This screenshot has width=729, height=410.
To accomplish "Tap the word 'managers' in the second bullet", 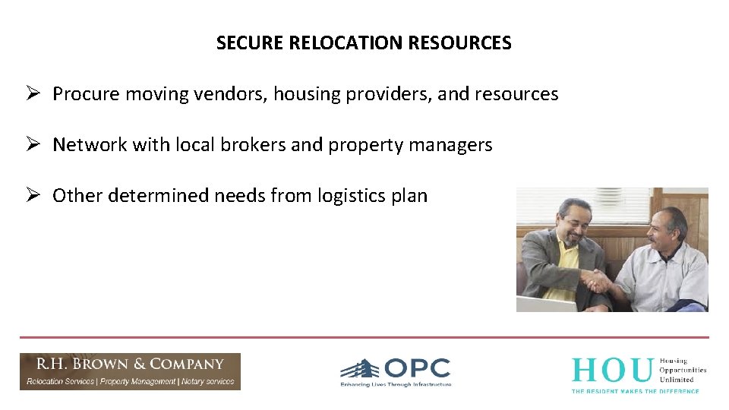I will point(456,145).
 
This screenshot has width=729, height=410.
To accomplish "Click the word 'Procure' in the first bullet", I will point(86,94).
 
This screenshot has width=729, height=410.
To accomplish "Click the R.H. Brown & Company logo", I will point(130,371).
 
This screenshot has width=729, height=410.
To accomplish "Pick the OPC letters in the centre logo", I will point(417,369).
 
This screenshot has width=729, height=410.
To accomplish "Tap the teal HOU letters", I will point(611,371).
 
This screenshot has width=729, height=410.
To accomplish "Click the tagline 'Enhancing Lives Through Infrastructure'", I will point(396,384).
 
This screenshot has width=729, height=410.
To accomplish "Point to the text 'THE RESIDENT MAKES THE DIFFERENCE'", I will point(635,390).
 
